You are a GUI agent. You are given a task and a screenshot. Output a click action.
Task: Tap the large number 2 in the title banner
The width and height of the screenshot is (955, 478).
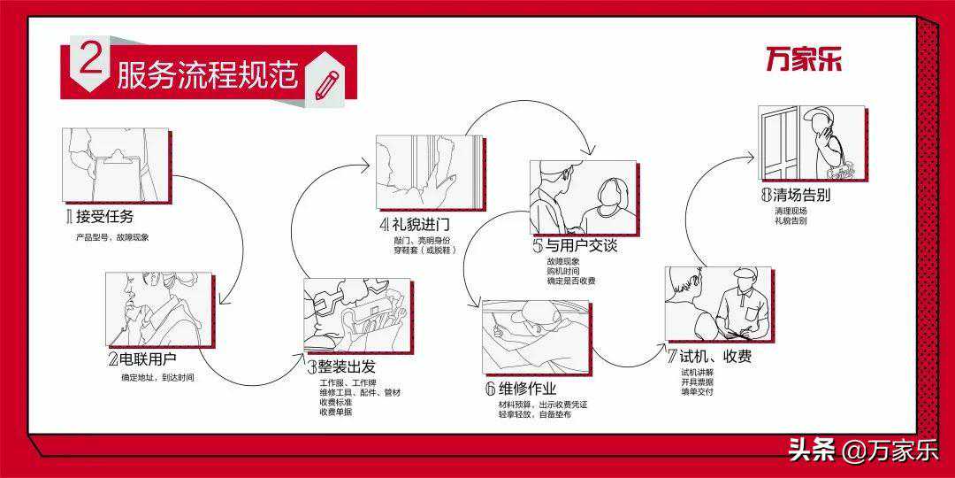[x=90, y=63]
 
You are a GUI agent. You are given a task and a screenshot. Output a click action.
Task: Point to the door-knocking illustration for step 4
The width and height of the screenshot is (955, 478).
[x=428, y=172]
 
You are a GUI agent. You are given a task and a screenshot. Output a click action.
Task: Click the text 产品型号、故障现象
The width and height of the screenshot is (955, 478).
[x=112, y=237]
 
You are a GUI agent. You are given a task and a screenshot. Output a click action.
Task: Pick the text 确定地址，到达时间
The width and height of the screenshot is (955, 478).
[x=157, y=378]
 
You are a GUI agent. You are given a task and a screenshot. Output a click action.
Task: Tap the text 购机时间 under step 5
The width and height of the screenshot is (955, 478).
[x=563, y=271]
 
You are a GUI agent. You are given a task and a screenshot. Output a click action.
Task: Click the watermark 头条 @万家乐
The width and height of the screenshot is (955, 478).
[x=863, y=451]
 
